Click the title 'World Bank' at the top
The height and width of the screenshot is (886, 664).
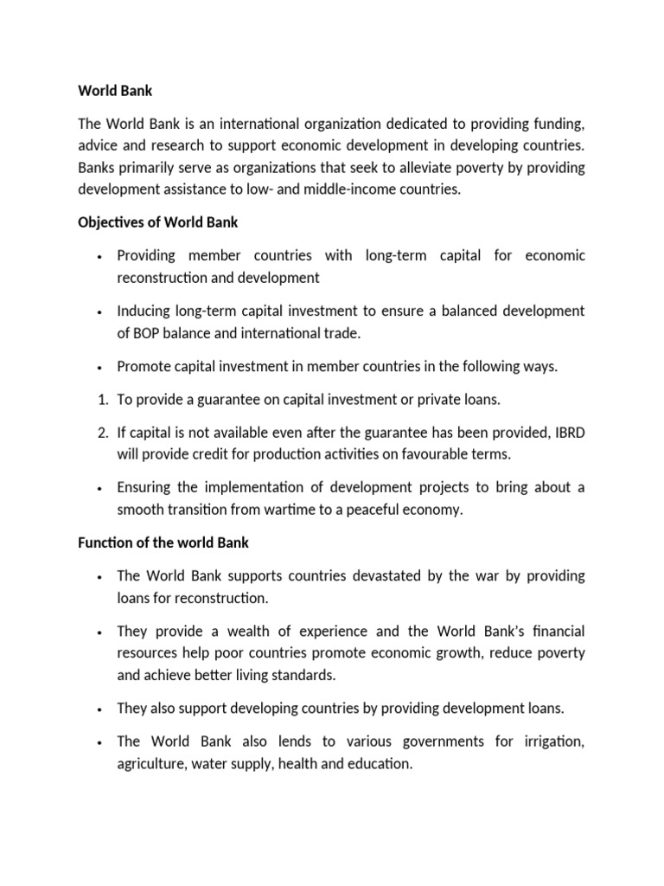[x=115, y=89]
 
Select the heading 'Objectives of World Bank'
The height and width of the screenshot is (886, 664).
[x=157, y=222]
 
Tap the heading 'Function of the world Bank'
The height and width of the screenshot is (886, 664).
[x=163, y=543]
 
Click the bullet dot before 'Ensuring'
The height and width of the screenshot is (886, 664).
[x=101, y=488]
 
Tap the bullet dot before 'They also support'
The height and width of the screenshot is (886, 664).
[x=101, y=709]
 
